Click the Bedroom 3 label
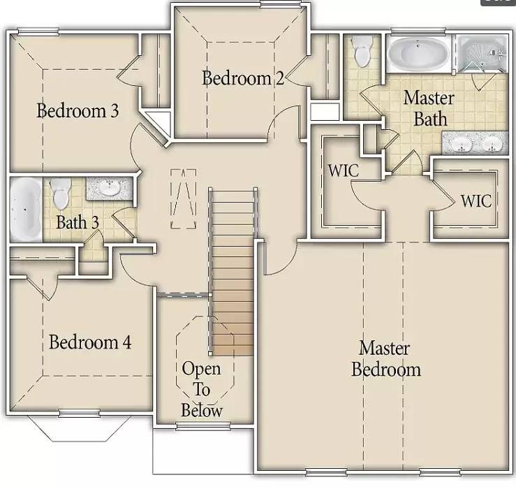coord(78,110)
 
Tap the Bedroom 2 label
coord(242,78)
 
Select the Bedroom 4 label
coord(90,342)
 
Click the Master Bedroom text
coord(385,358)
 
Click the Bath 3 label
coord(77,223)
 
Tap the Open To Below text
coord(202,389)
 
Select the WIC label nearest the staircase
coord(343,170)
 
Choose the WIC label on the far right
coord(476,201)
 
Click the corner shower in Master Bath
coord(482,54)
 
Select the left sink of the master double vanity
coord(462,145)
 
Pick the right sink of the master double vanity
coord(493,145)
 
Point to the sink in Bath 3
coord(108,189)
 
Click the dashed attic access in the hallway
coord(184,198)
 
